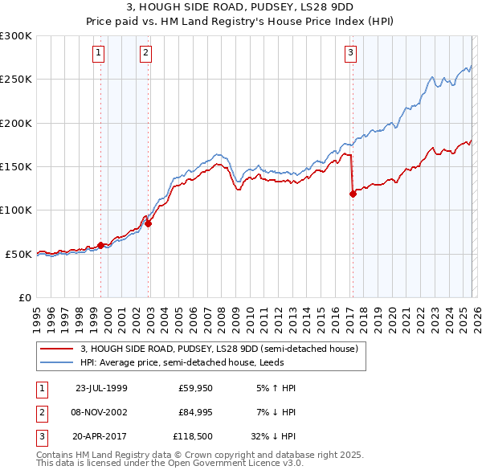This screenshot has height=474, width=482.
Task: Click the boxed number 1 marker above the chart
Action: click(x=98, y=54)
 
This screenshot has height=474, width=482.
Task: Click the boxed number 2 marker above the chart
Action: click(x=145, y=54)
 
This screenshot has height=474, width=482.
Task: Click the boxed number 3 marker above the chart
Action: click(x=351, y=54)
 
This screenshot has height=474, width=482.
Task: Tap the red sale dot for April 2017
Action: click(x=352, y=194)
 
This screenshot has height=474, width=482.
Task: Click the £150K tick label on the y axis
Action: click(x=16, y=166)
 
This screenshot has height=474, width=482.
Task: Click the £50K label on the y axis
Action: click(x=18, y=254)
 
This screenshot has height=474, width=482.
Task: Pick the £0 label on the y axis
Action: click(x=24, y=297)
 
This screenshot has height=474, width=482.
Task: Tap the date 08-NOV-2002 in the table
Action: click(x=100, y=413)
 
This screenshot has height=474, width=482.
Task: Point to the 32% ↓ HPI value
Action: click(x=276, y=438)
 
